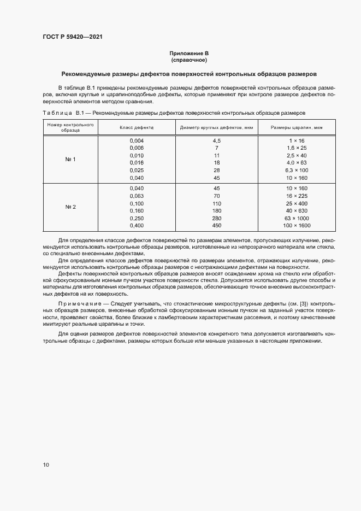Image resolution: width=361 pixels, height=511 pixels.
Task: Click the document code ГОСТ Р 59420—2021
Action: [72, 37]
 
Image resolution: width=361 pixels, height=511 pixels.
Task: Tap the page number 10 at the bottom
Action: [46, 465]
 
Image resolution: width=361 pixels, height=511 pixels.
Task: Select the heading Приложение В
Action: [189, 54]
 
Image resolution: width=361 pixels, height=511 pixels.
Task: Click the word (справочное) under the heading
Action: [189, 60]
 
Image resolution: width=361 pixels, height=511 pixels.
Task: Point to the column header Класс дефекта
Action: [137, 127]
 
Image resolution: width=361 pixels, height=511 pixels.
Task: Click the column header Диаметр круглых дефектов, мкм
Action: [216, 127]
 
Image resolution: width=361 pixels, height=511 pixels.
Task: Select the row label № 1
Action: [70, 159]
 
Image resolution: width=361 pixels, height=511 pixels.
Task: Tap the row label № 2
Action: [70, 207]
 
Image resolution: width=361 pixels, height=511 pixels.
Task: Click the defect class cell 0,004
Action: [137, 141]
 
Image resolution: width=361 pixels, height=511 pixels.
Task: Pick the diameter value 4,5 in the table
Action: [216, 141]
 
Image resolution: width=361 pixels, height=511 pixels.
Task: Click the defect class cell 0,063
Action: [137, 196]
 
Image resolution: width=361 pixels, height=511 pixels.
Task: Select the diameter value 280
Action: [216, 218]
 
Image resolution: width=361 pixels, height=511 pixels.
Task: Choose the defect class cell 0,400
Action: [137, 226]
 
